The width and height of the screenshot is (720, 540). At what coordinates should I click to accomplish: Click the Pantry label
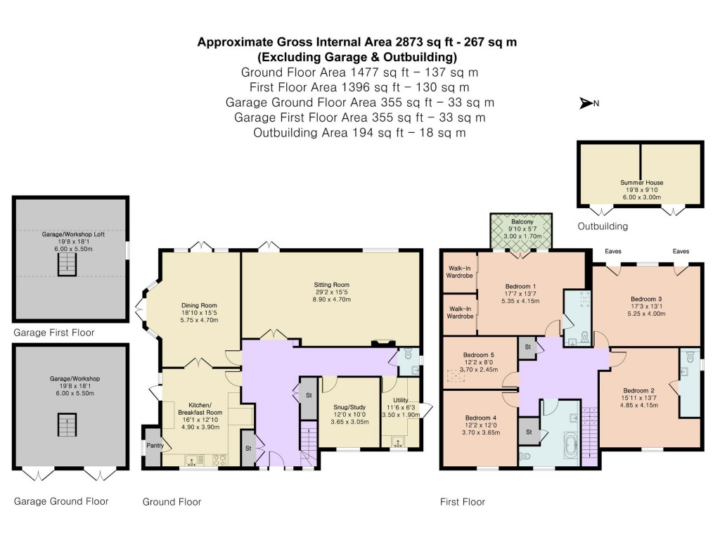153,446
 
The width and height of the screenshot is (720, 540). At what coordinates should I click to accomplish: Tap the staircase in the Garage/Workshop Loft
65,264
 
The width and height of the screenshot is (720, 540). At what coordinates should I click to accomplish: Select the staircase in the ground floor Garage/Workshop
65,425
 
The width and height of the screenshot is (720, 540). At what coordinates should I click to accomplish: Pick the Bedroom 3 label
646,299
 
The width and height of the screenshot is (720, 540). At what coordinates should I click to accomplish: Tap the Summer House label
641,183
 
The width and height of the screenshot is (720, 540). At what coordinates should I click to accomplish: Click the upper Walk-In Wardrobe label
460,271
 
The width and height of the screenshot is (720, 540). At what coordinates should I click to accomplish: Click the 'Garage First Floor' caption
53,333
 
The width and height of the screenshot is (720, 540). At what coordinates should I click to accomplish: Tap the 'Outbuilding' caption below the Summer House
603,226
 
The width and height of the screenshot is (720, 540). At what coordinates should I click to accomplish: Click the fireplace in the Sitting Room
382,344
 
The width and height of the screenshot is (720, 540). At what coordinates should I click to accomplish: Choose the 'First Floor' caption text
462,502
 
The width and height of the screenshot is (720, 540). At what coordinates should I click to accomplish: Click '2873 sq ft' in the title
398,42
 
